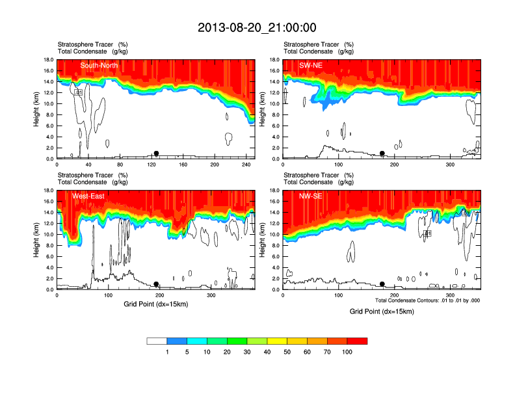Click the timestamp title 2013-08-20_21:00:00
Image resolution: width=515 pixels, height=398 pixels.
tap(257, 27)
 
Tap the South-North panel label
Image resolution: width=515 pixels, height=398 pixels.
tap(98, 65)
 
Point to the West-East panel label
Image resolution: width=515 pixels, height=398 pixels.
tap(90, 196)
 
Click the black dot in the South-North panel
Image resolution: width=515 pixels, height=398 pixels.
tap(156, 153)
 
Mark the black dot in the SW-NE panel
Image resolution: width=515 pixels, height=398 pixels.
tap(382, 153)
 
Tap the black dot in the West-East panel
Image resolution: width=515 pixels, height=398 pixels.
tap(156, 284)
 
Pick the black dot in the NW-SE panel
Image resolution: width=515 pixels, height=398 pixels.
tap(382, 284)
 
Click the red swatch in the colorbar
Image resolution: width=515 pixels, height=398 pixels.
tap(357, 341)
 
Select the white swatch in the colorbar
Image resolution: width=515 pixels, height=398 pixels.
tap(157, 341)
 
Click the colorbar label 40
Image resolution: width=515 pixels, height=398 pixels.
tap(267, 352)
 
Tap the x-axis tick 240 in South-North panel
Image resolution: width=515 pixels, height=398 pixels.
tap(246, 165)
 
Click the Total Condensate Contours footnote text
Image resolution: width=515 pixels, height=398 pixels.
tap(427, 300)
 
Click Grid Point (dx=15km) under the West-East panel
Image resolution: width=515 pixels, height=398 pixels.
tap(155, 304)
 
